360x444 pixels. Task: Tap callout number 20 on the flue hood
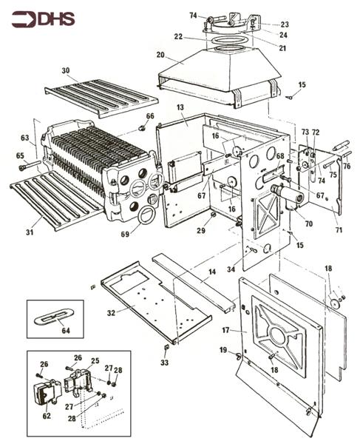pyautogui.click(x=160, y=55)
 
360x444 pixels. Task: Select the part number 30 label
pyautogui.click(x=65, y=71)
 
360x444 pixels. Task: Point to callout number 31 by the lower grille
pyautogui.click(x=29, y=232)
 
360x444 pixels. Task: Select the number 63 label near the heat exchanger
pyautogui.click(x=24, y=138)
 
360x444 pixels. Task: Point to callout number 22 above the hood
pyautogui.click(x=178, y=36)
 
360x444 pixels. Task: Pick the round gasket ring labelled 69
pyautogui.click(x=146, y=215)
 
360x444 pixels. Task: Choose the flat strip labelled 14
pyautogui.click(x=192, y=278)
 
